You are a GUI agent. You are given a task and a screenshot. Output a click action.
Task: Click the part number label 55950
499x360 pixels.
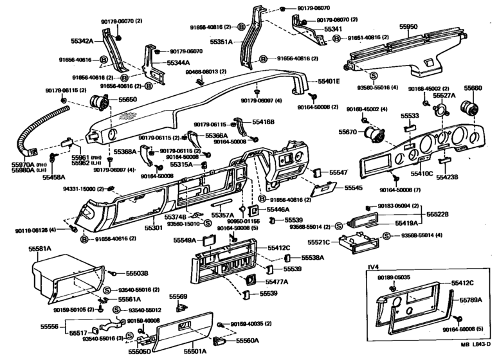pos(408,27)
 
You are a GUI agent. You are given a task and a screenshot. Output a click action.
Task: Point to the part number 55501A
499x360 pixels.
pos(195,351)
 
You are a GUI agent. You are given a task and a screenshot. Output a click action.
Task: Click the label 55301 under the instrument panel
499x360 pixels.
pos(153,228)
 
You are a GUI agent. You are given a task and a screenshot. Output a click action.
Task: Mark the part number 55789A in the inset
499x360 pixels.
pos(471,300)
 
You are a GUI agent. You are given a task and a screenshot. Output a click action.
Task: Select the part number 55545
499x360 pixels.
pos(353,188)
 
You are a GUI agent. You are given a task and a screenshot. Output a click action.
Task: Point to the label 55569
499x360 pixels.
pos(178,297)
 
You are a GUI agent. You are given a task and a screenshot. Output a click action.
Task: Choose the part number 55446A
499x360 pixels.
pos(278,210)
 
